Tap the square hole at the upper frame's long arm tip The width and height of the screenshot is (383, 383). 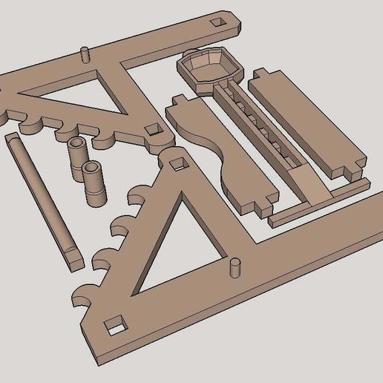pos(217,22)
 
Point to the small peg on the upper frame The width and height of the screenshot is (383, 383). pos(85,55)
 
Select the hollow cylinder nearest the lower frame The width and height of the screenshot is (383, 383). pos(94,183)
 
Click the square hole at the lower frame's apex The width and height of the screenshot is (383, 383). pos(177,162)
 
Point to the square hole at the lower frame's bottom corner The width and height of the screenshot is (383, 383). pos(114,325)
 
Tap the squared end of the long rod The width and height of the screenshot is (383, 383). pos(72,258)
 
